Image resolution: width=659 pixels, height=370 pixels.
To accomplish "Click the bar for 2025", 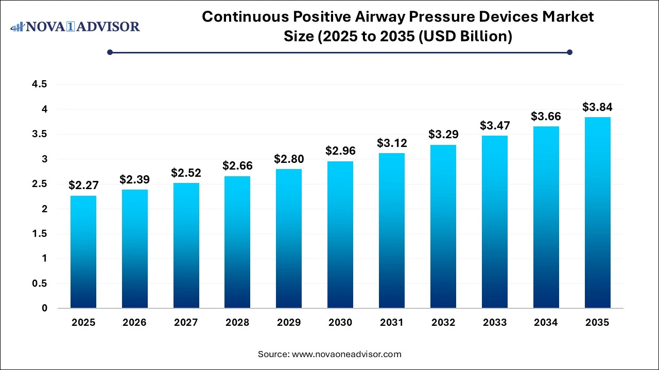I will pyautogui.click(x=83, y=252).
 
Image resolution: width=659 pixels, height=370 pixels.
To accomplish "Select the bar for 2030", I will pyautogui.click(x=340, y=235).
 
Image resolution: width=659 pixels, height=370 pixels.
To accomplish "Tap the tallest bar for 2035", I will pyautogui.click(x=597, y=213).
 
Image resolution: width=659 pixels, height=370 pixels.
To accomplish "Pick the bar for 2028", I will pyautogui.click(x=237, y=242).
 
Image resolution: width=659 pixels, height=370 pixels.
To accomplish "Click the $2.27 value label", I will pyautogui.click(x=83, y=186).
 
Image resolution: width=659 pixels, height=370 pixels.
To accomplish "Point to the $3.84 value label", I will pyautogui.click(x=597, y=107).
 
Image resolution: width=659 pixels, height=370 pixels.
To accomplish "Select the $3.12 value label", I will pyautogui.click(x=392, y=143).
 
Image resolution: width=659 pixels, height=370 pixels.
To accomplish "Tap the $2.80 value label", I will pyautogui.click(x=289, y=159).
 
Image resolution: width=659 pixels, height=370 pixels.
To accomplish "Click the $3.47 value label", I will pyautogui.click(x=494, y=125).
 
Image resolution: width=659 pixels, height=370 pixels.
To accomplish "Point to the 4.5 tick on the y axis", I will pyautogui.click(x=40, y=84).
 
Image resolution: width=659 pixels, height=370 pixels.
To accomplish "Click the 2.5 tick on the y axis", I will pyautogui.click(x=40, y=184).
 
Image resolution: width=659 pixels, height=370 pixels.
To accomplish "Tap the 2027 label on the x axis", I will pyautogui.click(x=186, y=323).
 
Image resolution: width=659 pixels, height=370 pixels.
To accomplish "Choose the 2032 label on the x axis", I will pyautogui.click(x=443, y=323).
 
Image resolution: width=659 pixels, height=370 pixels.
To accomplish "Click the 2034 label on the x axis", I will pyautogui.click(x=546, y=323).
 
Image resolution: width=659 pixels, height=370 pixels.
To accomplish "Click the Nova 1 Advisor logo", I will pyautogui.click(x=75, y=26).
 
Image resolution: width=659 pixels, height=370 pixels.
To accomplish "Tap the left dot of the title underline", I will pyautogui.click(x=110, y=52).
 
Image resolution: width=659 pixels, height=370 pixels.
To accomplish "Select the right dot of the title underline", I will pyautogui.click(x=569, y=52).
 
